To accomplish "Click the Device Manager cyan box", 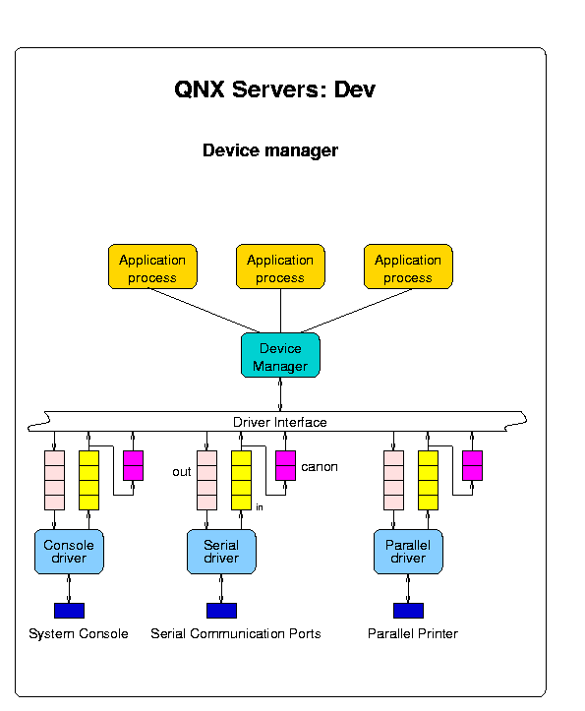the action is (x=280, y=355).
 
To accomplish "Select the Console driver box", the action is (x=69, y=552).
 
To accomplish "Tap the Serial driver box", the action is (x=221, y=552).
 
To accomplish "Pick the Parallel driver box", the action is (x=408, y=552).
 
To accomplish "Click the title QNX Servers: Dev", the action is (x=275, y=89).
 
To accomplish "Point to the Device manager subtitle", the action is (x=270, y=150).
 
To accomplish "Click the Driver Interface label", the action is (x=280, y=422).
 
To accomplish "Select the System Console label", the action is (x=79, y=633).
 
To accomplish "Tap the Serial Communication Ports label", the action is (x=236, y=633).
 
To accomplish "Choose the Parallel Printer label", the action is (x=413, y=633).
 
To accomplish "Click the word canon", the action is (x=320, y=467).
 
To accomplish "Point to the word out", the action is (x=181, y=472).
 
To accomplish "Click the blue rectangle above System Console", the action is (x=69, y=611).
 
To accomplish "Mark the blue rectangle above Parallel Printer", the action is (x=408, y=611).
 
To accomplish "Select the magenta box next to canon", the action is (x=286, y=466).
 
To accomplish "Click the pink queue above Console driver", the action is (x=54, y=480).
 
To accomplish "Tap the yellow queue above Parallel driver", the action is (x=428, y=480).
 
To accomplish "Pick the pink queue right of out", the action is (x=206, y=480).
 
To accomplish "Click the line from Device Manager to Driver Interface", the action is (x=280, y=394).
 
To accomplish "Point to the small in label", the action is (x=260, y=507).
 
